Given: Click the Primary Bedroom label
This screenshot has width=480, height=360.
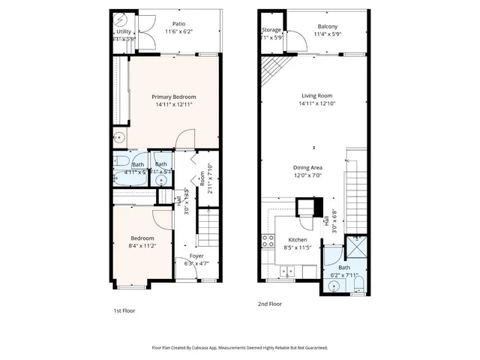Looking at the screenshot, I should pos(173,97).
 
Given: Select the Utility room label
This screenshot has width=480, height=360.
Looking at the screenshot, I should pos(124,31).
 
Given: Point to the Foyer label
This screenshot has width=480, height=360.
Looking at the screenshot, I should pos(196,256).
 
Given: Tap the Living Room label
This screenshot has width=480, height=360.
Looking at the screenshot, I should pos(317,96).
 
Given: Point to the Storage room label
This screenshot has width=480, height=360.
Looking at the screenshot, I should pos(271,30).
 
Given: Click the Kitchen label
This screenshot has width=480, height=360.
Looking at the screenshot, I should pos(298,240).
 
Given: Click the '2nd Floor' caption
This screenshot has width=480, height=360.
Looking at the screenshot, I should pos(269,304).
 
